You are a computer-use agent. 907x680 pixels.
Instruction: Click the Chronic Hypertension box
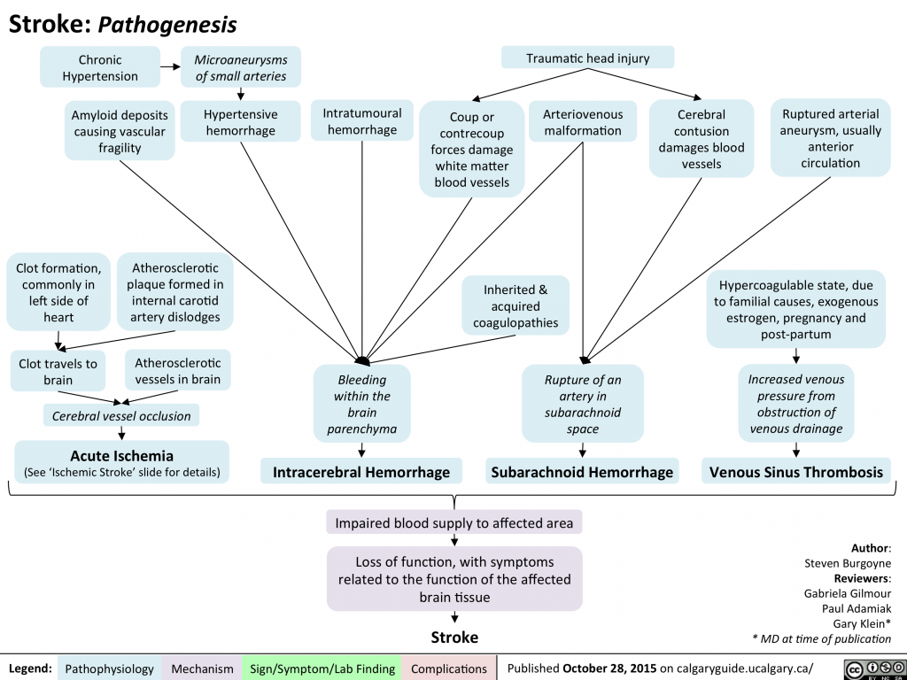(x=100, y=68)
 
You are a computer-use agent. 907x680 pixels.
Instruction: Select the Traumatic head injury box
(x=587, y=58)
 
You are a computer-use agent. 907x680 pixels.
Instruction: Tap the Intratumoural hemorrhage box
(x=361, y=121)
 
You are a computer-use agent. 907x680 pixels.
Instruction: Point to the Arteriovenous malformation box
(x=582, y=123)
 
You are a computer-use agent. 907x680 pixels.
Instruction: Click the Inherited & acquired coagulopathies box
(x=515, y=305)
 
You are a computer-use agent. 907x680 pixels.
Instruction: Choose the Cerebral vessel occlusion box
(x=121, y=415)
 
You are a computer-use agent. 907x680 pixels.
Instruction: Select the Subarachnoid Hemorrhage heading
(x=582, y=472)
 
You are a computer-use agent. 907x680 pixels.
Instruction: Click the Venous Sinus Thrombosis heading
(x=796, y=472)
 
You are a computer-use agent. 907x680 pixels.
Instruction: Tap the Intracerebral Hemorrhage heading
(x=361, y=472)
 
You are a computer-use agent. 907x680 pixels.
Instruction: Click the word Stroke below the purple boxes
(x=453, y=637)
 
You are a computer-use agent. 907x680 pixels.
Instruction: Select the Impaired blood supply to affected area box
(x=453, y=522)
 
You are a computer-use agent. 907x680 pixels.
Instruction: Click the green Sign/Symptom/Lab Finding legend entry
(x=322, y=668)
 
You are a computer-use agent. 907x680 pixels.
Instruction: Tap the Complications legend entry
(x=448, y=668)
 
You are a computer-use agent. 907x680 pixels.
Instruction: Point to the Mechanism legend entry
(x=202, y=668)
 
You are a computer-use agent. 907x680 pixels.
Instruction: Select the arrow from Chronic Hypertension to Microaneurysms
(x=167, y=66)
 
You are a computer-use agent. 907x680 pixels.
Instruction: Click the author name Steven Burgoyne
(x=847, y=563)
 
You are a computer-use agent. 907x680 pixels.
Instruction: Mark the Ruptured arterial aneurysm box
(x=830, y=138)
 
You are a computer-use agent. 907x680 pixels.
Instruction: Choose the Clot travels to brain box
(x=58, y=371)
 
